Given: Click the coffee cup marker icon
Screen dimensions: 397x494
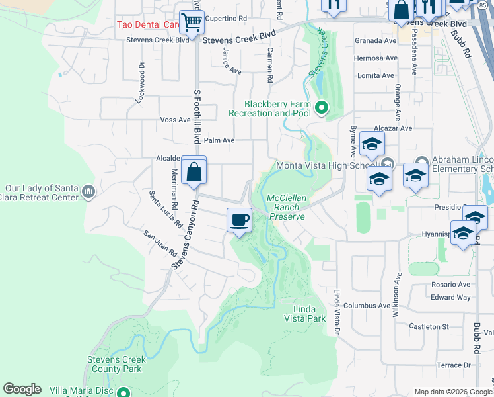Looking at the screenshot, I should [239, 219].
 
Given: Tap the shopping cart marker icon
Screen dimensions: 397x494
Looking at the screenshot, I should [192, 22].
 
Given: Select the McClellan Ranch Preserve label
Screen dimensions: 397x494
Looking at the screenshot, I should [286, 207].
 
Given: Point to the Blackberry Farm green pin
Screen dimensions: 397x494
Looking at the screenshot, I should [322, 107].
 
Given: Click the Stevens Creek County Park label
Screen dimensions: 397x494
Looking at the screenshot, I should [116, 364].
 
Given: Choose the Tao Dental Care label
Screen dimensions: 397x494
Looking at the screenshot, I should [149, 25].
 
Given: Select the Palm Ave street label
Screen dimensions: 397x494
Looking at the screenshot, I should [219, 140].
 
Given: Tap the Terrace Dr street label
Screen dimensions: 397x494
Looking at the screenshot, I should [454, 365].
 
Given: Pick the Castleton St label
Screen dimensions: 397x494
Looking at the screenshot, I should [429, 326].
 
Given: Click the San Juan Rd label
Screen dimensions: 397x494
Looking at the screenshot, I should [161, 243].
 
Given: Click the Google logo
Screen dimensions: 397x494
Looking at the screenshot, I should [22, 389].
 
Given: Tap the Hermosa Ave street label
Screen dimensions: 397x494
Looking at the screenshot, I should [376, 58].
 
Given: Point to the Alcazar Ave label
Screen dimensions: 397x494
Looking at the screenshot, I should [392, 128].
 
